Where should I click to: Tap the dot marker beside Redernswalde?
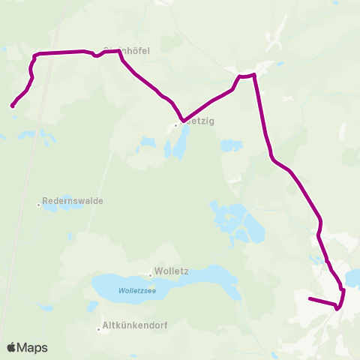pos(39,202)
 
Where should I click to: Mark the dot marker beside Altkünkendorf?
pos(99,328)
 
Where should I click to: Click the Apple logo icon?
pos(12,347)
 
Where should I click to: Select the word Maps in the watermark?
pos(32,347)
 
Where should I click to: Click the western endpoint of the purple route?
pos(13,106)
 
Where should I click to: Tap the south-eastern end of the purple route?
pos(310,299)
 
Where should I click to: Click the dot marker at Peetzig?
pos(175,125)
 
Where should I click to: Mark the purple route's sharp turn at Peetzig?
pos(182,120)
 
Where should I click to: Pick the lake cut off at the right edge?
pos(354,277)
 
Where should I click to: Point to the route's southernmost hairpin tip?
pos(337,307)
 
